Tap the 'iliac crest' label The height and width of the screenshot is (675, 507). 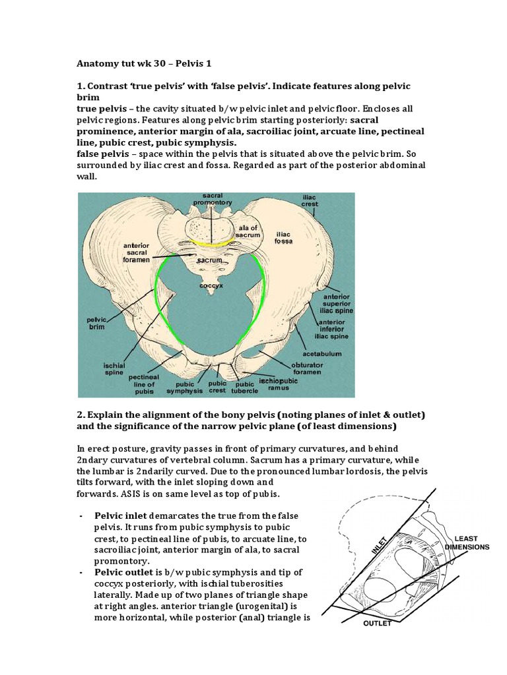[x=310, y=201]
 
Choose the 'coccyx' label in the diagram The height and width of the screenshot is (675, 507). [x=211, y=285]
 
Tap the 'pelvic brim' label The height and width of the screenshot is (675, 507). [x=97, y=322]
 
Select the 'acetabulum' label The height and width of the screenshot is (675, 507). [x=323, y=353]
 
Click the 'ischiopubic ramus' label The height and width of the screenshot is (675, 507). [x=279, y=384]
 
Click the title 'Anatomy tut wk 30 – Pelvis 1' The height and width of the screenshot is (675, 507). [x=143, y=64]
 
